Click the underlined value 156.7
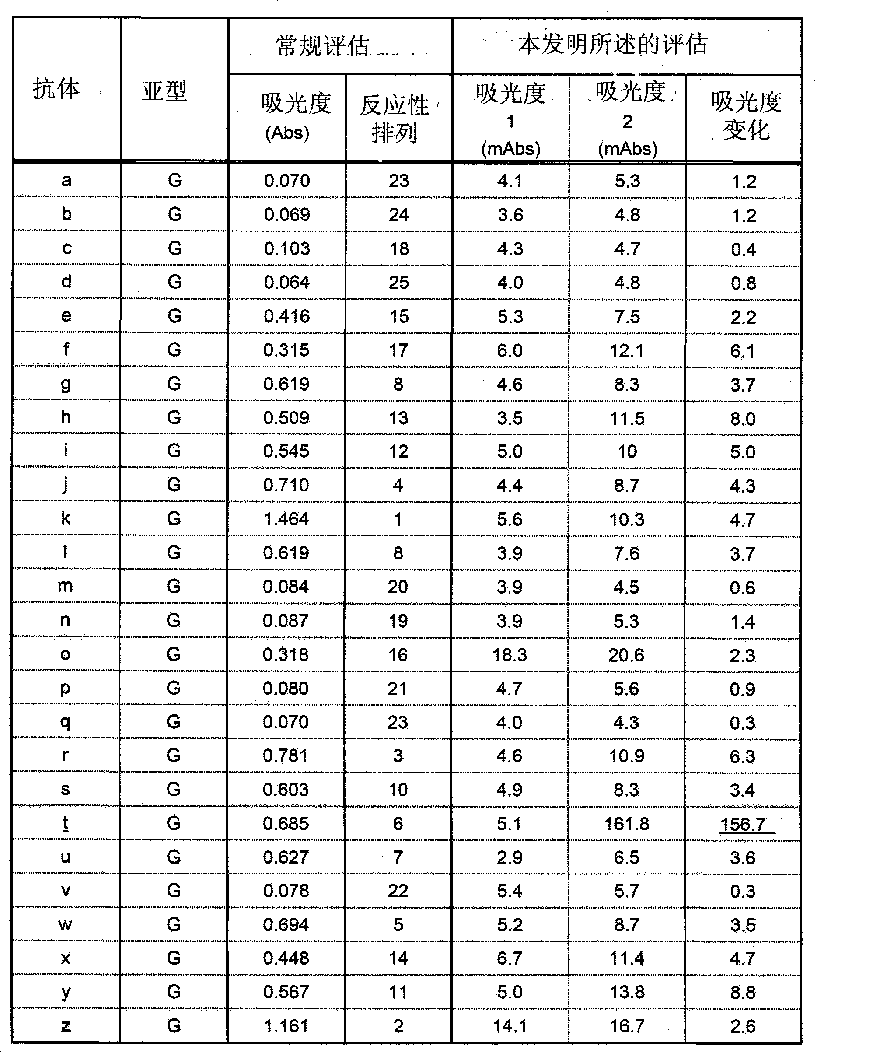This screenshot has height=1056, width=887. (x=743, y=824)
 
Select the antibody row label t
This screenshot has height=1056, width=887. (x=65, y=823)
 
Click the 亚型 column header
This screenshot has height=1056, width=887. (x=164, y=91)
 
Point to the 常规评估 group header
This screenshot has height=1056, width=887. (x=323, y=46)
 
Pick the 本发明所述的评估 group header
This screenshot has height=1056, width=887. (x=613, y=45)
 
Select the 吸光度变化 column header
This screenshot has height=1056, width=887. (x=746, y=116)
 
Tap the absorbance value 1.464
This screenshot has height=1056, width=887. (x=286, y=519)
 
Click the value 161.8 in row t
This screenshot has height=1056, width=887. (x=626, y=824)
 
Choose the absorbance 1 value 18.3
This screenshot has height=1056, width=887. (x=510, y=655)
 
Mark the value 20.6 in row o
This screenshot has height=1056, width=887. (x=626, y=655)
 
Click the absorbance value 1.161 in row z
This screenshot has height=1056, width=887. (x=286, y=1026)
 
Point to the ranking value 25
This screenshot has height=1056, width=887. (x=399, y=283)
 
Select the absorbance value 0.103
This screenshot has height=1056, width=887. (x=286, y=248)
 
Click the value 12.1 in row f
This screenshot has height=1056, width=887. (x=626, y=350)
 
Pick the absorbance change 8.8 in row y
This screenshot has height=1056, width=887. (x=743, y=992)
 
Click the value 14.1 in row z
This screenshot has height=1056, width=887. (x=510, y=1026)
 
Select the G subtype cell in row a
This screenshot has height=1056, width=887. (x=175, y=181)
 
